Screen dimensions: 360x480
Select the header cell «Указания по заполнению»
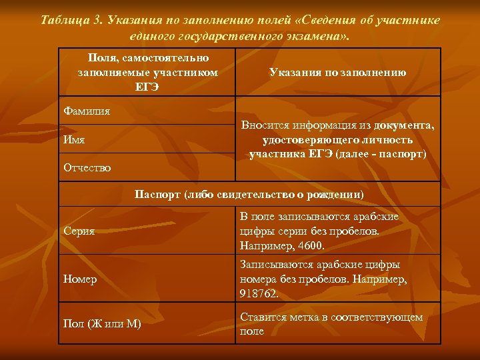coord(337,73)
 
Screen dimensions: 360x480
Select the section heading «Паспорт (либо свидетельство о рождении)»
coord(249,195)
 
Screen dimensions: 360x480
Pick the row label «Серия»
coord(79,231)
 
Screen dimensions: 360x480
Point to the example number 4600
coord(311,245)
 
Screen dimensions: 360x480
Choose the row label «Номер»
coord(80,279)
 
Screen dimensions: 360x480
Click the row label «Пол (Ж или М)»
coord(101,324)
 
